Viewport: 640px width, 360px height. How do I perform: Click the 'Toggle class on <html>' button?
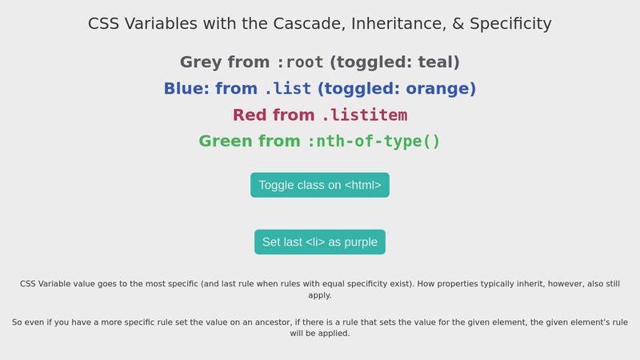pos(319,185)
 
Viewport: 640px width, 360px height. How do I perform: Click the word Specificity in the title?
pos(510,24)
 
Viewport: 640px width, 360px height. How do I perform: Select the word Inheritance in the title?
pos(394,24)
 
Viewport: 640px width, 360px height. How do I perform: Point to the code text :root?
pos(300,62)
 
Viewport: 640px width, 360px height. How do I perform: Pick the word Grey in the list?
pos(201,62)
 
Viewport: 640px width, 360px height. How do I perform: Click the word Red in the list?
pos(250,115)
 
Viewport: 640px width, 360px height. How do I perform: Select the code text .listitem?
pos(364,115)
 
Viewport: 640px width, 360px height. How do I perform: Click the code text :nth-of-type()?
pos(374,142)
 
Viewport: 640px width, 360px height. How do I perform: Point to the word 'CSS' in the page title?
pos(102,24)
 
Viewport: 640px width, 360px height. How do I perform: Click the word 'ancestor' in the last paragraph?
pos(266,322)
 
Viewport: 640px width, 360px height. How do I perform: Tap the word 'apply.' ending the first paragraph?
pos(320,295)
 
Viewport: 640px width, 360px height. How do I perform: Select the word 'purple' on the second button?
pos(361,242)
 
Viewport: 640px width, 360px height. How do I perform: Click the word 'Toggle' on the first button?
pos(277,185)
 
